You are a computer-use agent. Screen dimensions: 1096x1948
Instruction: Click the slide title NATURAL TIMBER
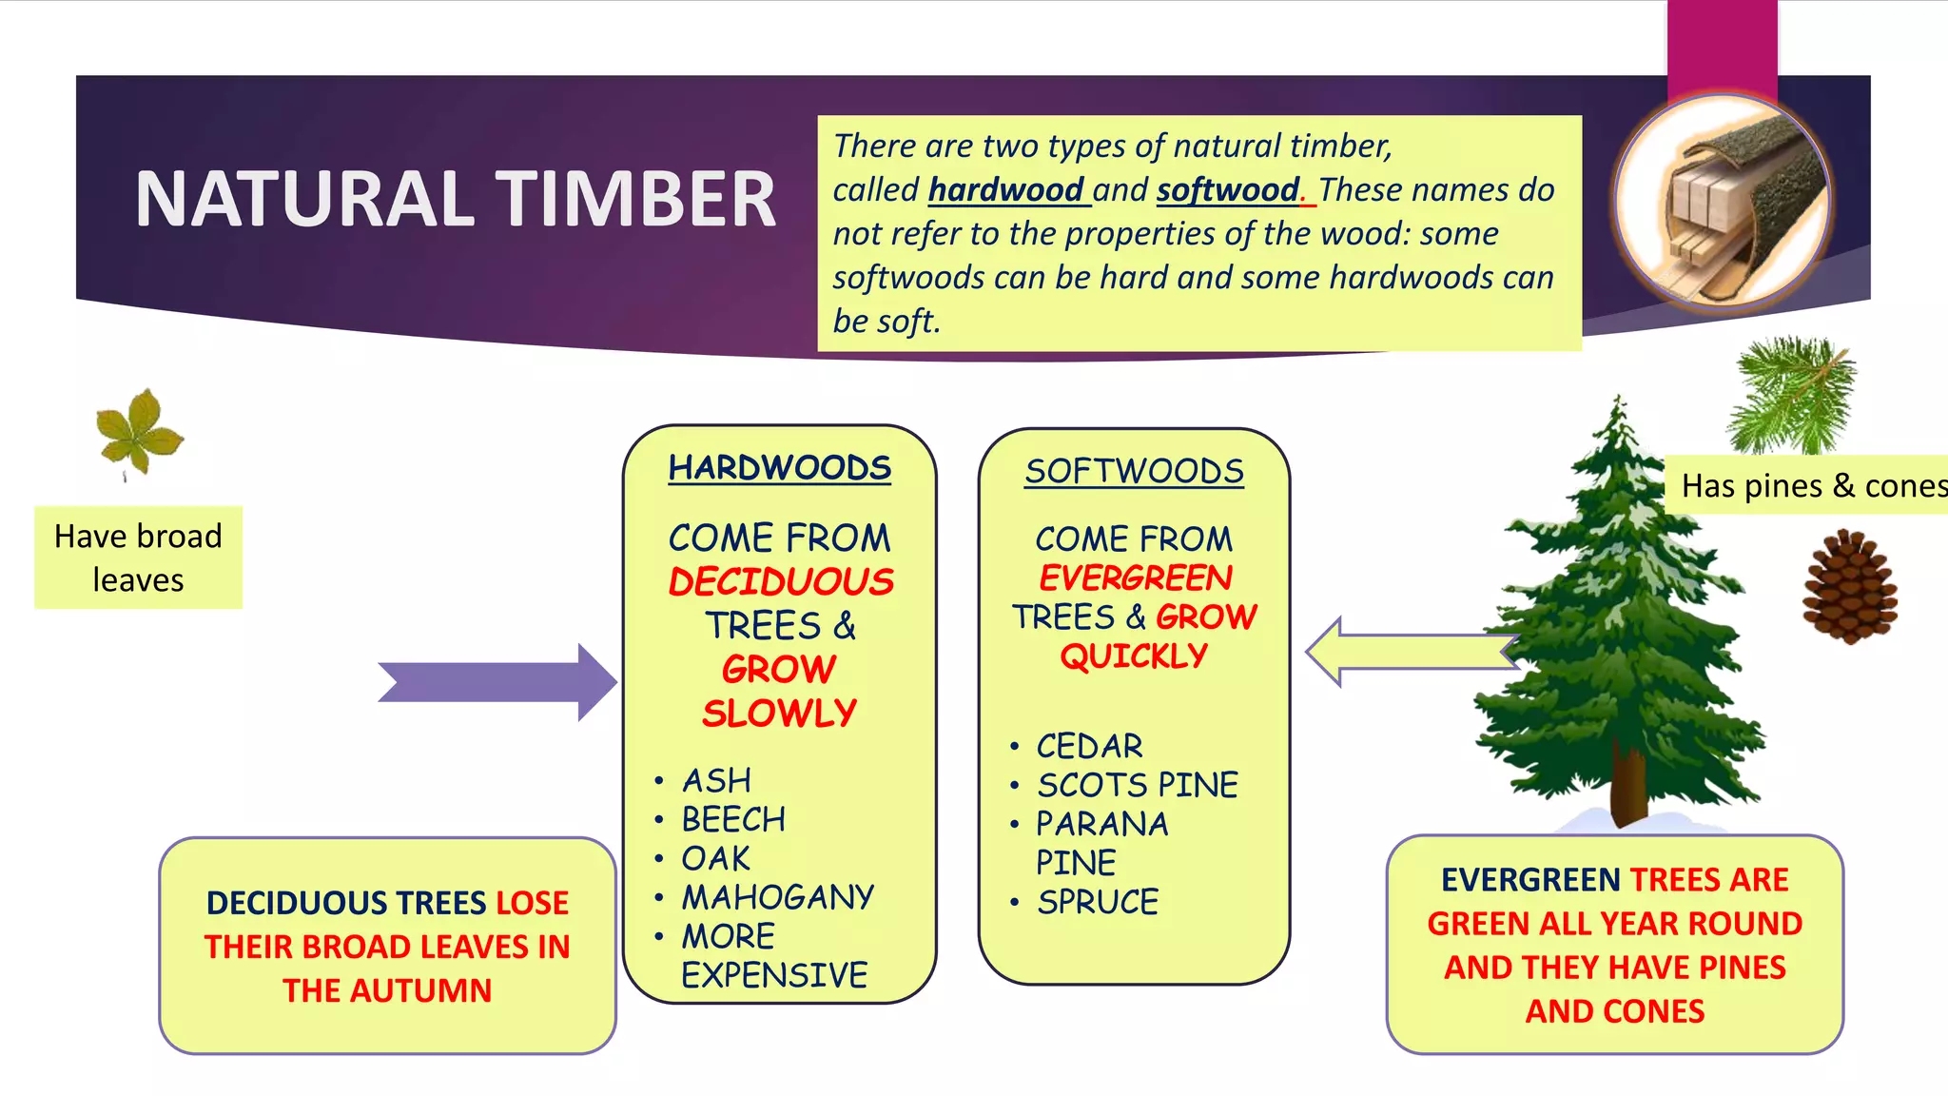pyautogui.click(x=455, y=200)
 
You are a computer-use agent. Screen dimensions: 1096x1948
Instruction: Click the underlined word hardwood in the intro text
pyautogui.click(x=1005, y=189)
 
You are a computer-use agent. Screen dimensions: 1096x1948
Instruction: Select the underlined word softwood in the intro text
pyautogui.click(x=1228, y=189)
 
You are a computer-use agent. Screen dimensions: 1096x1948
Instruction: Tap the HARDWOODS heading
pyautogui.click(x=779, y=468)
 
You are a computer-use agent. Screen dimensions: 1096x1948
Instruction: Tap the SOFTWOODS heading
pyautogui.click(x=1134, y=471)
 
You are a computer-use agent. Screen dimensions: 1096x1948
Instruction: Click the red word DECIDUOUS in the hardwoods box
pyautogui.click(x=781, y=581)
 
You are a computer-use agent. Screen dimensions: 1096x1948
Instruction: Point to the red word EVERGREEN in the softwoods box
pyautogui.click(x=1135, y=577)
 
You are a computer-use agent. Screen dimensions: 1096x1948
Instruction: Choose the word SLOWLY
pyautogui.click(x=779, y=713)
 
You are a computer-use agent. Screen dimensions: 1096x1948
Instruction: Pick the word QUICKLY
pyautogui.click(x=1134, y=656)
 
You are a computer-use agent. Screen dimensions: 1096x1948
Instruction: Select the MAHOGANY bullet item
pyautogui.click(x=777, y=896)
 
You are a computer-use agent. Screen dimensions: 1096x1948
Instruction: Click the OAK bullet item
pyautogui.click(x=715, y=858)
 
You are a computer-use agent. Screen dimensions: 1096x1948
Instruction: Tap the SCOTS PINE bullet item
pyautogui.click(x=1138, y=785)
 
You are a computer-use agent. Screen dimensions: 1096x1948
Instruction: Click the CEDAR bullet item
pyautogui.click(x=1089, y=746)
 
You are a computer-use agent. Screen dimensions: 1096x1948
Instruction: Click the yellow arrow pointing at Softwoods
pyautogui.click(x=1408, y=653)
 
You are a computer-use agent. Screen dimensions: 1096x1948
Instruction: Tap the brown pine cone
pyautogui.click(x=1849, y=587)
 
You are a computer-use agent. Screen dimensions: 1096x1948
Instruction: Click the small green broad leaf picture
pyautogui.click(x=139, y=433)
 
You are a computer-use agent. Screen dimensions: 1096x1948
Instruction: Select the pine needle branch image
pyautogui.click(x=1792, y=395)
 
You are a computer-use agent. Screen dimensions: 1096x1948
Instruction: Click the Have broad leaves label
pyautogui.click(x=138, y=558)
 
